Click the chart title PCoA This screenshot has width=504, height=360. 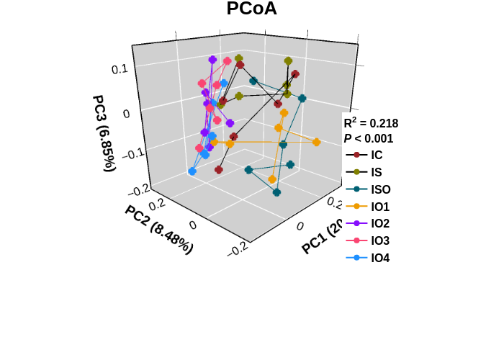click(x=251, y=9)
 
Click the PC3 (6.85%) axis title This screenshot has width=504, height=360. click(x=104, y=133)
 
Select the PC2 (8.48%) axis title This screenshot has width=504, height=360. click(x=158, y=229)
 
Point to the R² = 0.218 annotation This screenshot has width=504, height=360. click(x=371, y=123)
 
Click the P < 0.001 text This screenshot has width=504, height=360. click(x=368, y=139)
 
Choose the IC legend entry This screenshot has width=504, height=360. click(x=377, y=155)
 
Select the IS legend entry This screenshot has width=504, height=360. click(x=377, y=172)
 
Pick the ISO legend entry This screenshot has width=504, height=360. click(x=380, y=189)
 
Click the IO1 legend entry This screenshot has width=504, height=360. click(x=380, y=207)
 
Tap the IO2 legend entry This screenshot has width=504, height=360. click(x=380, y=224)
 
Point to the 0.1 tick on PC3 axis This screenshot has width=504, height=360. click(x=119, y=69)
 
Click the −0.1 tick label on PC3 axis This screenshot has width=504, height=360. click(x=115, y=154)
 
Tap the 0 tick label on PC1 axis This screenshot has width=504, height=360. click(x=300, y=226)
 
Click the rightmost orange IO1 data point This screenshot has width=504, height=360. click(x=317, y=143)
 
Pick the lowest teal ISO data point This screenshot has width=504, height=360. click(x=276, y=192)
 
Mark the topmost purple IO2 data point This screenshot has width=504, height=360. click(x=212, y=60)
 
